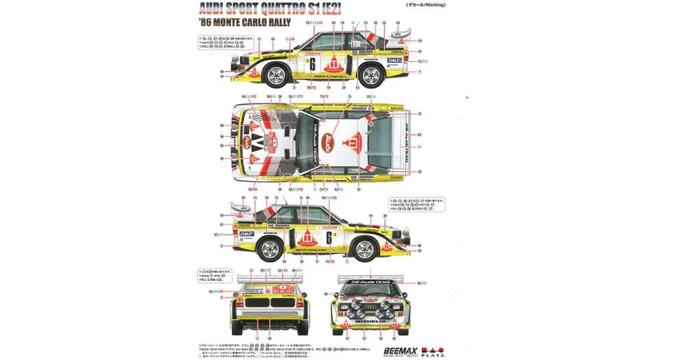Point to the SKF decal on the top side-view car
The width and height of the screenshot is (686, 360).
pyautogui.click(x=395, y=60)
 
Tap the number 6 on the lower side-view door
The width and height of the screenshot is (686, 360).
pyautogui.click(x=329, y=238)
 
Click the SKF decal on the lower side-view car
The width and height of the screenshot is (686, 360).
pyautogui.click(x=246, y=234)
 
